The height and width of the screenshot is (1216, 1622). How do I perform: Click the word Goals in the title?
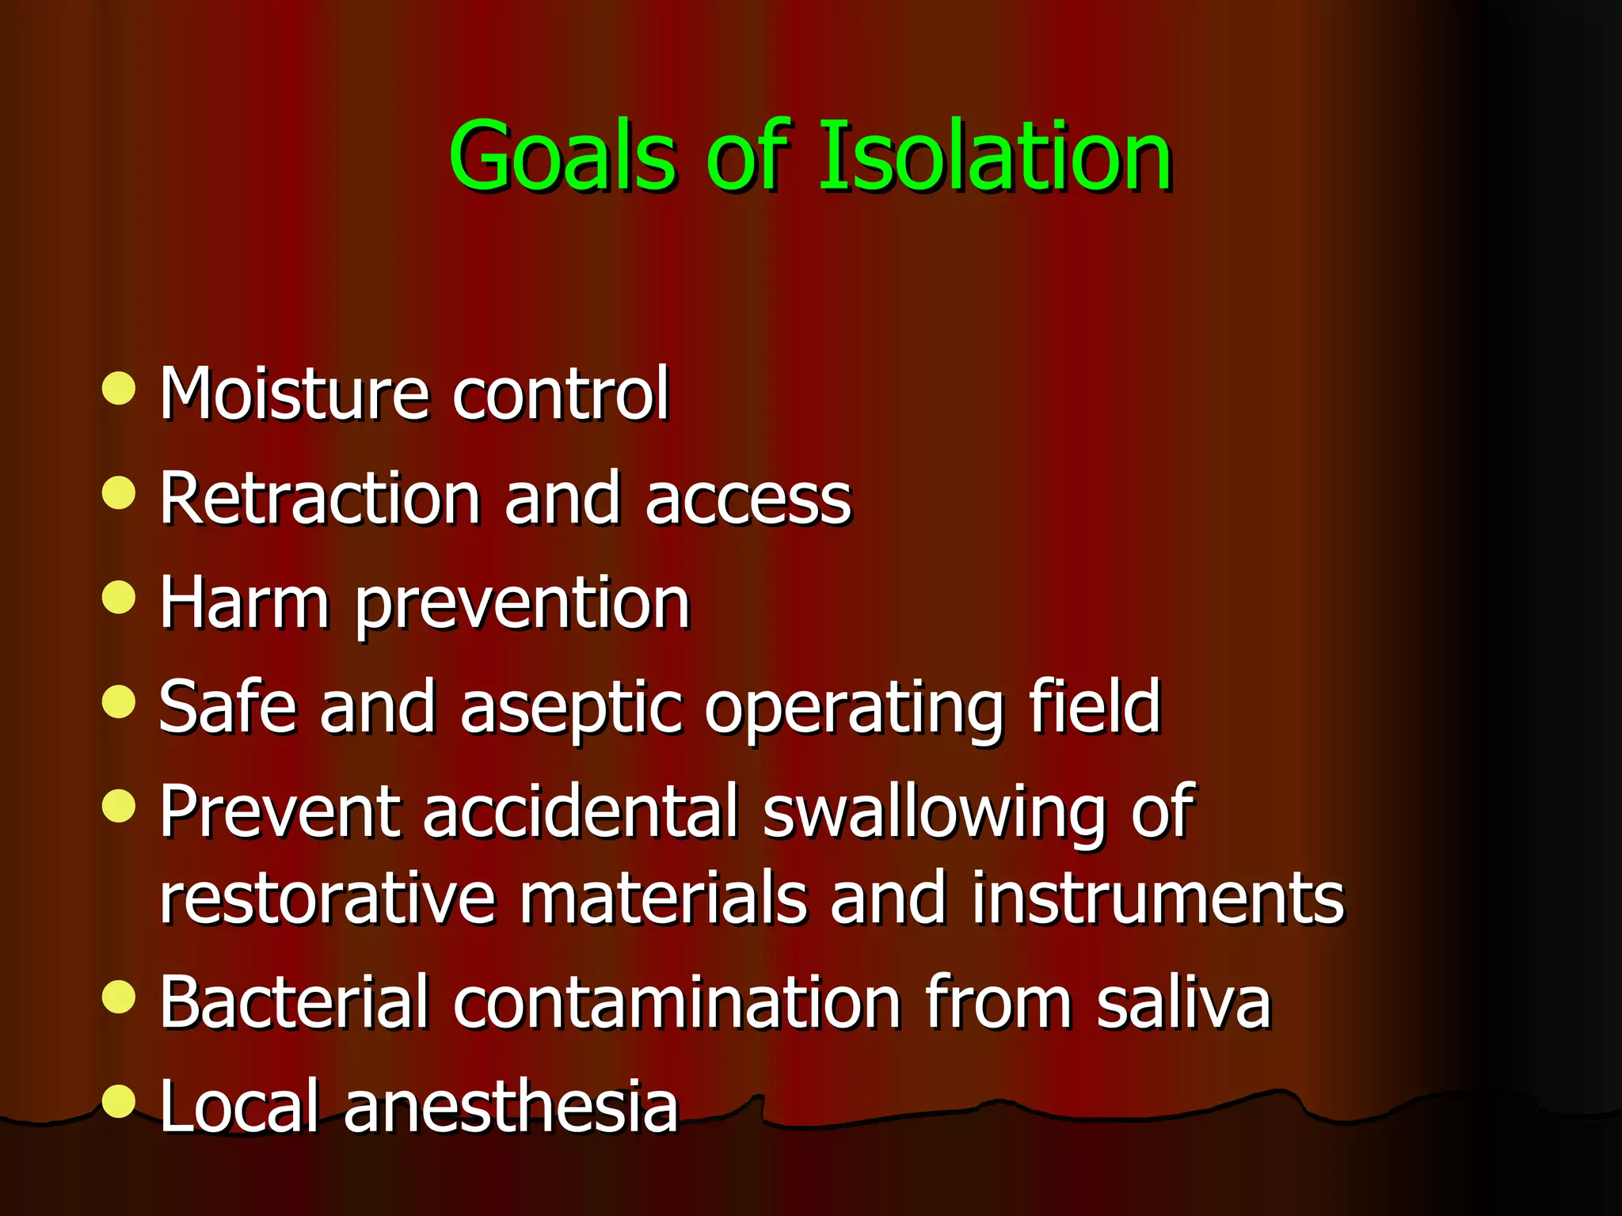point(562,156)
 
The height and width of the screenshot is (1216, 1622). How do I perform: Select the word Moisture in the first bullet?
point(295,393)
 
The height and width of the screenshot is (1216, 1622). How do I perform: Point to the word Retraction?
point(320,499)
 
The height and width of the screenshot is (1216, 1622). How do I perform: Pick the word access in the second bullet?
point(748,499)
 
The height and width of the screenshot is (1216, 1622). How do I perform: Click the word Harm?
point(244,604)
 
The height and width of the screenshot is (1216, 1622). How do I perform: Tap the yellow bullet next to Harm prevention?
point(119,597)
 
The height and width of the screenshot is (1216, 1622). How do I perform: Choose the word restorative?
point(327,899)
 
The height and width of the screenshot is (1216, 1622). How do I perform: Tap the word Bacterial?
point(294,1002)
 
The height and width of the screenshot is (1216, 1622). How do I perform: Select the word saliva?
point(1183,1002)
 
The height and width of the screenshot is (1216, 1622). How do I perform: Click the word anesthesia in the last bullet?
point(511,1107)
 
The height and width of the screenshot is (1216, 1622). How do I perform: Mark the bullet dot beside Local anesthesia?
point(119,1100)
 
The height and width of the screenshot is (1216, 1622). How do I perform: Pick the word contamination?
point(677,1002)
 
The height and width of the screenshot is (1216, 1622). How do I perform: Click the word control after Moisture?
point(561,393)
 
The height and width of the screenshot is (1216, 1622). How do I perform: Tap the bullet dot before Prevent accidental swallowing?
point(119,806)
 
